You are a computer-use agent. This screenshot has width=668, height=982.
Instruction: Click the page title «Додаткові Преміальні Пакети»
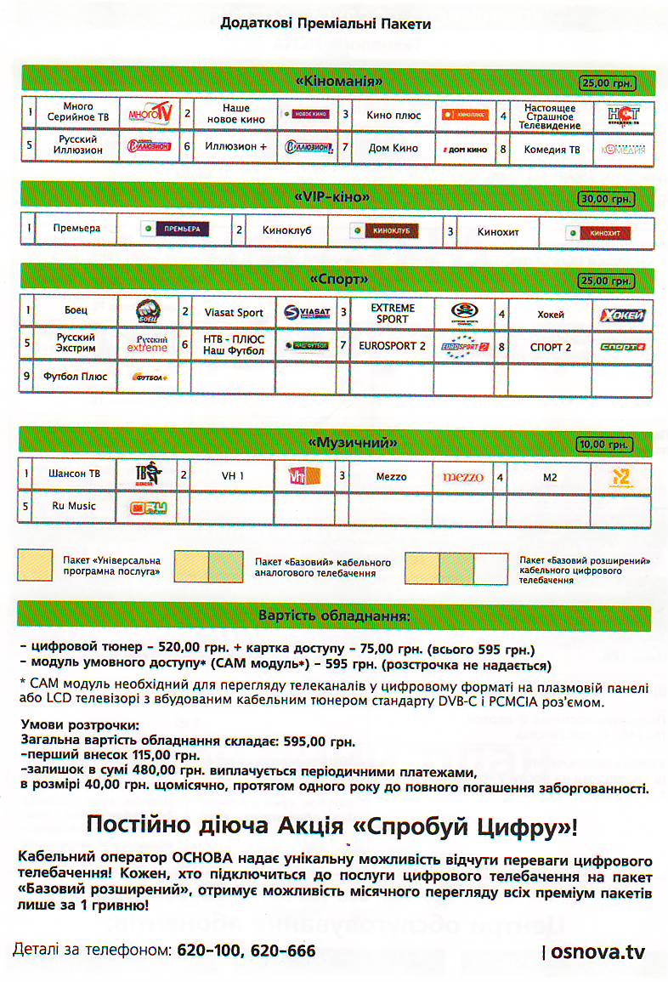(x=326, y=24)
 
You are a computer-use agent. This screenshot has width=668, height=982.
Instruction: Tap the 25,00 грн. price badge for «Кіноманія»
(x=608, y=82)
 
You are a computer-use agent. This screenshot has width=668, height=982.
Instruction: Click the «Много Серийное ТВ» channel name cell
(x=77, y=113)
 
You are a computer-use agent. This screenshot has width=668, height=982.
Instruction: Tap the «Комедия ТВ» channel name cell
(x=552, y=149)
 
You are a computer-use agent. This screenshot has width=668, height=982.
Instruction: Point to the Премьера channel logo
(x=175, y=230)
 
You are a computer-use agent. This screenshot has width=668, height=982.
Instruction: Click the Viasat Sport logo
(x=306, y=313)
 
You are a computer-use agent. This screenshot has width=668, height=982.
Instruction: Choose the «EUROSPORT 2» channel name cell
(x=392, y=346)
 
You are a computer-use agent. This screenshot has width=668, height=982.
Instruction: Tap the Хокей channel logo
(x=622, y=315)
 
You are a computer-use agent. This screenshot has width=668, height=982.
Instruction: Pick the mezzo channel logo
(x=462, y=477)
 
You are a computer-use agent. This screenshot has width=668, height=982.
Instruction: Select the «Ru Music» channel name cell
(x=74, y=507)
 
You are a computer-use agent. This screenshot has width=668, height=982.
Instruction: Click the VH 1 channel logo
(x=297, y=477)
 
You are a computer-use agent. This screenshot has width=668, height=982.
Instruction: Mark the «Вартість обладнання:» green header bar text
(x=334, y=615)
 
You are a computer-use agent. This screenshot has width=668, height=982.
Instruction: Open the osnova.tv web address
(x=597, y=951)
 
